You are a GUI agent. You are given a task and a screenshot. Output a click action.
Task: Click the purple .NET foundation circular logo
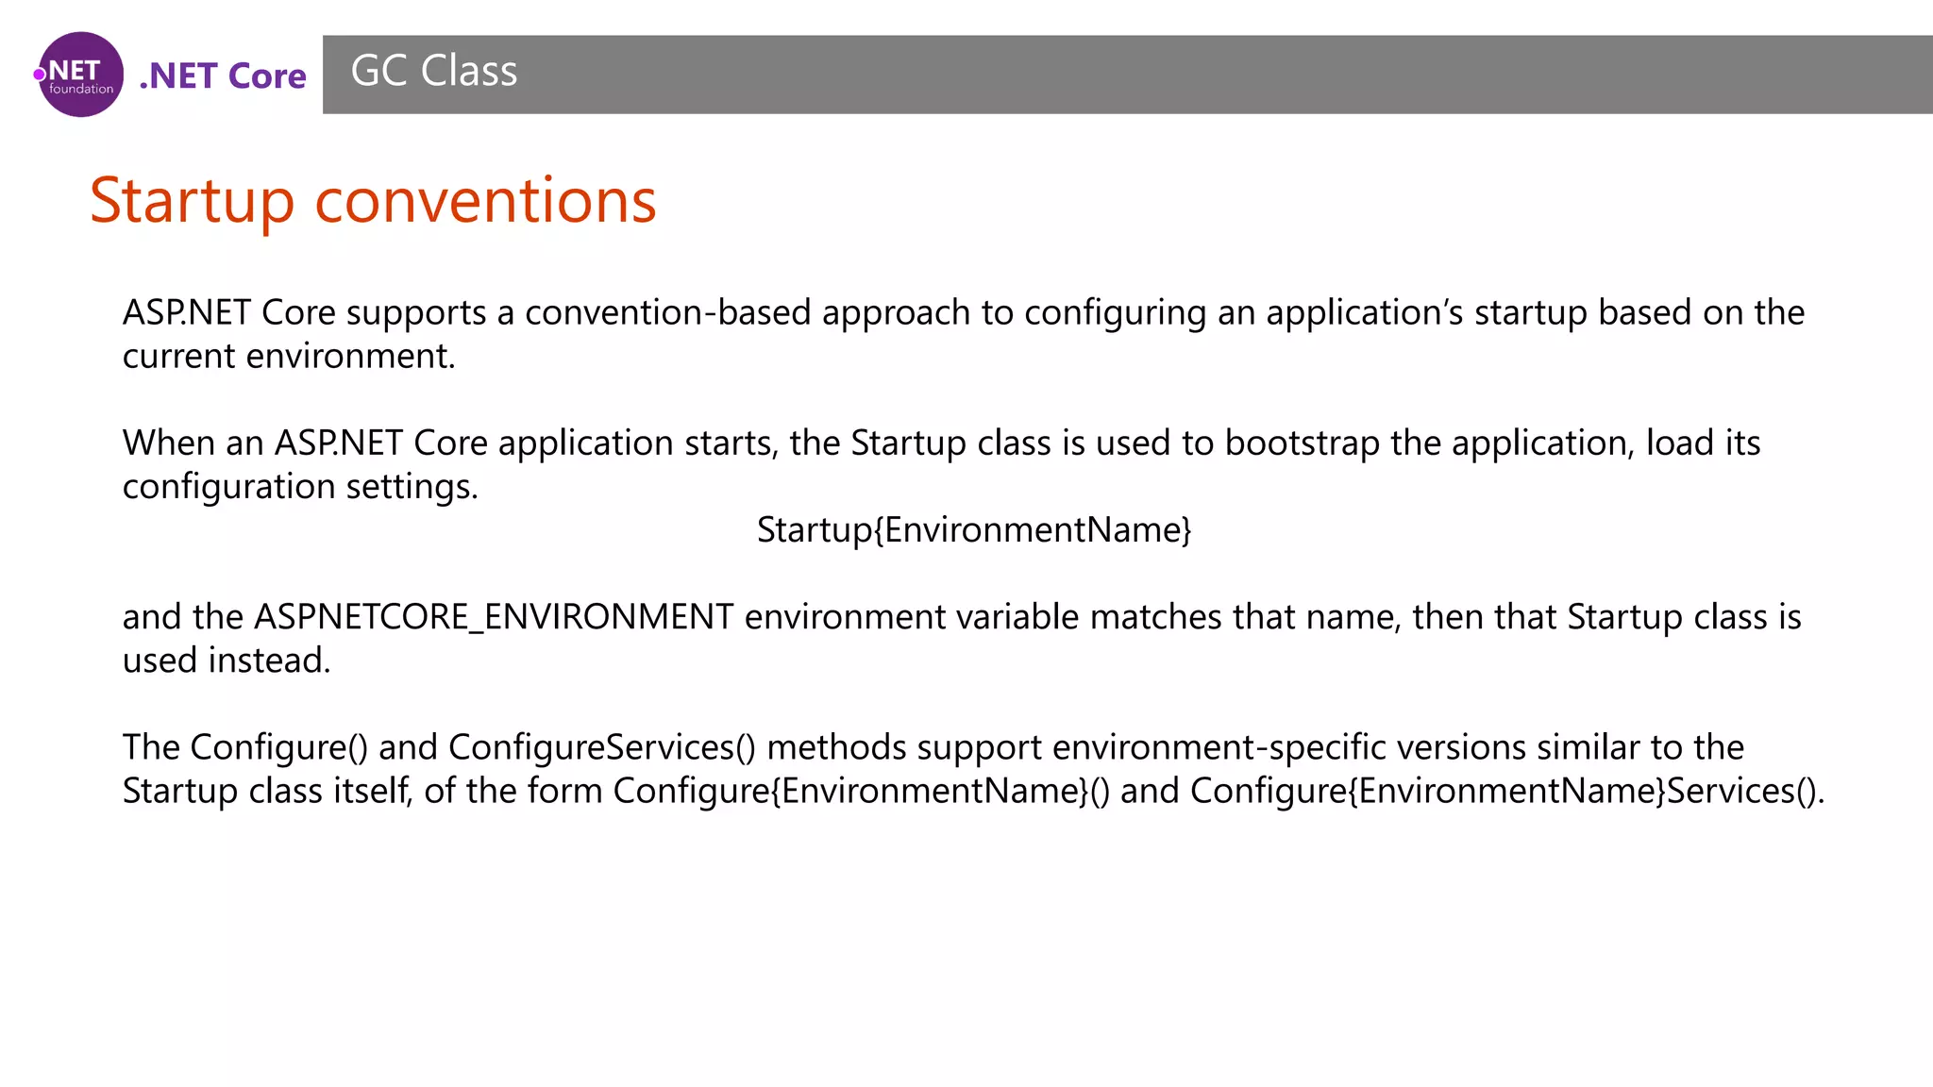pos(80,75)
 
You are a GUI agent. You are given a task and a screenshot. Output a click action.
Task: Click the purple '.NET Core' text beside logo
pos(223,76)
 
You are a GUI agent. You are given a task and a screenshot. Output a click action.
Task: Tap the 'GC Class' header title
pos(434,71)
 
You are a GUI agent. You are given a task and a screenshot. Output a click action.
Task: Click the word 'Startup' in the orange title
pos(193,201)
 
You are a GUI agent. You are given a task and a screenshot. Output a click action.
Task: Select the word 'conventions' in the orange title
pos(485,201)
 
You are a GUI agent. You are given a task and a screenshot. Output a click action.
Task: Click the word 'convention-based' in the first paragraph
pos(667,312)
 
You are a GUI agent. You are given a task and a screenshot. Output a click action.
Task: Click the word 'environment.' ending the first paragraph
pos(350,356)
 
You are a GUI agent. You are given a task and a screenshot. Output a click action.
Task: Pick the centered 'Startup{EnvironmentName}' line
pos(974,529)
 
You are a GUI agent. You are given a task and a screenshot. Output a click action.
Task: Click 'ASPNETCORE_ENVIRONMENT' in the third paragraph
pos(494,617)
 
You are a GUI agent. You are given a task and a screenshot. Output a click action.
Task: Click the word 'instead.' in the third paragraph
pos(269,661)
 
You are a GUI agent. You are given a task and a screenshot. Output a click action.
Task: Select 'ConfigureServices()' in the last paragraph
pos(602,747)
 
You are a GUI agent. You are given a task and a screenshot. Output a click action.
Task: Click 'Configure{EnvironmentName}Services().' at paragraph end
pos(1506,791)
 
